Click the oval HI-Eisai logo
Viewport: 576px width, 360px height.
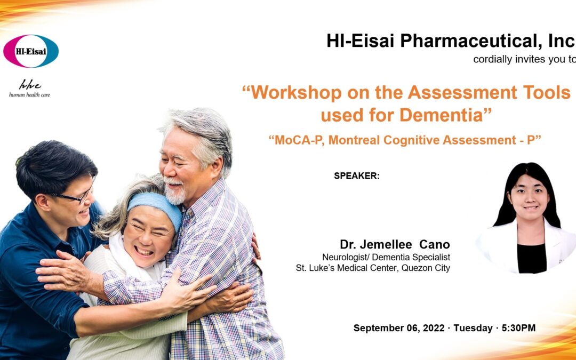click(x=31, y=51)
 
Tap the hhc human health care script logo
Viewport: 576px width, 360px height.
click(x=29, y=89)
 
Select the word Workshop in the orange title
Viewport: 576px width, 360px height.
click(x=292, y=93)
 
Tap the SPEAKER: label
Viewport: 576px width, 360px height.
click(x=357, y=176)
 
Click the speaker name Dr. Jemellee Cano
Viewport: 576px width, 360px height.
click(x=395, y=244)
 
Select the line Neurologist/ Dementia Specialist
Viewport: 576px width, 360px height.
click(x=386, y=257)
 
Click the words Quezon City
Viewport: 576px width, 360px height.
click(x=426, y=268)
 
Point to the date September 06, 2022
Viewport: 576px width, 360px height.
click(x=399, y=328)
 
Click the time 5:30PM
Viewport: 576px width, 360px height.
click(x=518, y=328)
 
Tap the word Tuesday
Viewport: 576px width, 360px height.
click(x=473, y=328)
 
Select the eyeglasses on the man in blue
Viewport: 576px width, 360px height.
click(x=75, y=196)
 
